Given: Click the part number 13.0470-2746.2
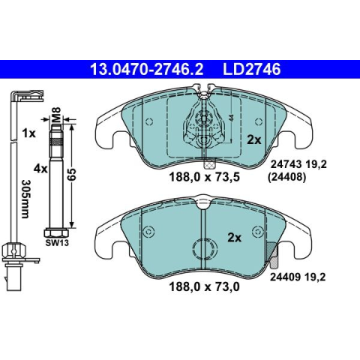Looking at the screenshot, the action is [x=146, y=69].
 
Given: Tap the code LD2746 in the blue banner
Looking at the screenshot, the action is [x=252, y=69].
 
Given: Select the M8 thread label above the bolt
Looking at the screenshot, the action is [x=56, y=115].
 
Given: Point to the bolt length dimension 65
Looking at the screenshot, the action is [x=71, y=175].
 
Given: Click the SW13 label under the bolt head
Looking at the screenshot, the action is [x=57, y=243].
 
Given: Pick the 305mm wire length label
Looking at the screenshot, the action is [x=25, y=199].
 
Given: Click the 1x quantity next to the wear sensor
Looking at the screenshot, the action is [x=29, y=133].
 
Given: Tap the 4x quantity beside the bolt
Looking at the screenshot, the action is [x=40, y=169].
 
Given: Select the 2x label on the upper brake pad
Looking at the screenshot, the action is [x=254, y=140].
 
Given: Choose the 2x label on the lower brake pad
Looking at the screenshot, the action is [x=235, y=238].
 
